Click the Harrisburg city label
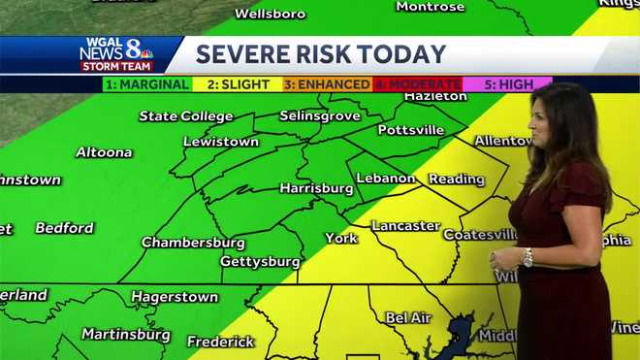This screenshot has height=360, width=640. [x=317, y=188]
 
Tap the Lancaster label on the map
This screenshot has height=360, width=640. [x=406, y=226]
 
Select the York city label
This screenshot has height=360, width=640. [x=341, y=238]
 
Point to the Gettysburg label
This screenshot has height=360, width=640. [x=260, y=262]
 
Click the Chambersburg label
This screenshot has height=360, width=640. [x=193, y=243]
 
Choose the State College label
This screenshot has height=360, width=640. [x=186, y=116]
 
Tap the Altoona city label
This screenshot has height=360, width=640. [x=104, y=152]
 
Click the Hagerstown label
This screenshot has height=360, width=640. [x=175, y=297]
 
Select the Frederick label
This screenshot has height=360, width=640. [x=220, y=342]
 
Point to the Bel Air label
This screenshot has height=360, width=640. [x=408, y=317]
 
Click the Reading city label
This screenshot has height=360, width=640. [x=457, y=180]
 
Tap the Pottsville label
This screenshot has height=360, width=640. [x=411, y=130]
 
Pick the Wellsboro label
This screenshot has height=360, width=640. [x=270, y=14]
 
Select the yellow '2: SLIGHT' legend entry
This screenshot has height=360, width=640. [x=238, y=84]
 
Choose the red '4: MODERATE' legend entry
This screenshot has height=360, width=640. [x=417, y=84]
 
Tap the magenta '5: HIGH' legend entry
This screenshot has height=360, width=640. [x=507, y=84]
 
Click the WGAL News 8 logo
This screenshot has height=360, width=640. [x=116, y=54]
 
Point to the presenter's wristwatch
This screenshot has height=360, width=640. [x=528, y=257]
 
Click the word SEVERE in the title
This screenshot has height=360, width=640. [x=243, y=55]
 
